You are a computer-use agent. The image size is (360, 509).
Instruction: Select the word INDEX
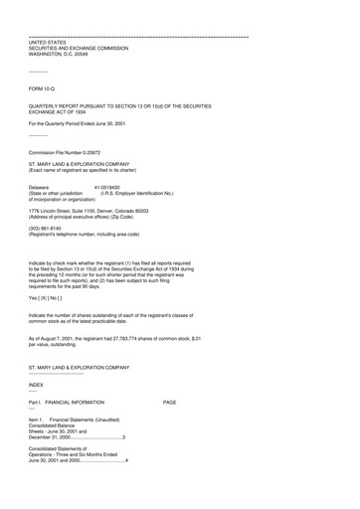tap(37, 384)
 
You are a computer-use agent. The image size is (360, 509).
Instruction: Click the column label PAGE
tap(170, 402)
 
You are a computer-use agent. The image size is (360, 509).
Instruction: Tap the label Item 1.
tap(37, 420)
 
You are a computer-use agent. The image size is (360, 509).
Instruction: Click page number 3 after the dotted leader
tap(123, 437)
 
